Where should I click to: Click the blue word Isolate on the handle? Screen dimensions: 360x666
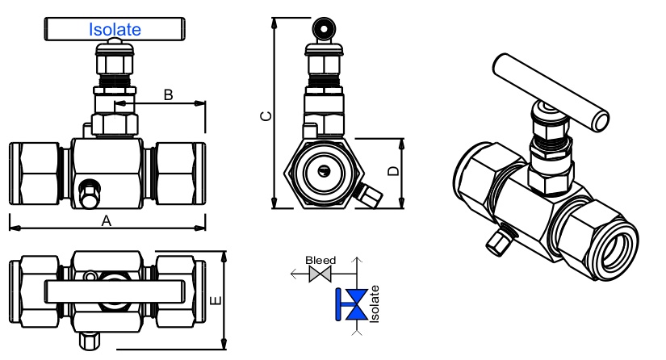point(114,30)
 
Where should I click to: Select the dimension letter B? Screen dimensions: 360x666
point(168,95)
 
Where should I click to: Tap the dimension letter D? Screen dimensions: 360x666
point(392,171)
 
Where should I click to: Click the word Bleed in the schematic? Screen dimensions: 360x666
point(320,260)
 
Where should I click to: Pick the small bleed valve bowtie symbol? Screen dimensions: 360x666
point(320,275)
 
